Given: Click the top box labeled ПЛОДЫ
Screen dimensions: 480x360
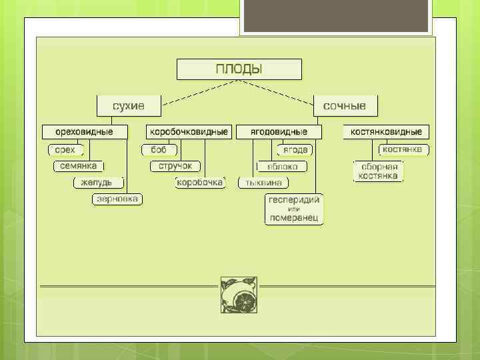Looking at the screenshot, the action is click(239, 69).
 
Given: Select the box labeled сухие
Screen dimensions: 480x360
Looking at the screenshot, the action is click(129, 105).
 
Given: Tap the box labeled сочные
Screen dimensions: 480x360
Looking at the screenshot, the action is click(345, 105).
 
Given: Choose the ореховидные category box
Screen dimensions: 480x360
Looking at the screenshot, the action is click(84, 131).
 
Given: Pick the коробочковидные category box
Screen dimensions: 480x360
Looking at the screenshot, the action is click(189, 131).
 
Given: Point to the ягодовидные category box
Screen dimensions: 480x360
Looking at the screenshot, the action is click(279, 131).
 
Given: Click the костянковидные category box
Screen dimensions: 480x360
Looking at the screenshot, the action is click(387, 131).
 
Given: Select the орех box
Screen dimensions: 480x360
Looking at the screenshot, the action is click(65, 149).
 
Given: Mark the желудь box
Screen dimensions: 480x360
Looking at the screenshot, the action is click(97, 182).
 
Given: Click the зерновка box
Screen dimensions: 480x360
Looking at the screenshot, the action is click(117, 199).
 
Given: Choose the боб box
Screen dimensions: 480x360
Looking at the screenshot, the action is click(159, 149).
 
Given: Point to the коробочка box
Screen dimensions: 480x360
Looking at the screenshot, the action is click(200, 182).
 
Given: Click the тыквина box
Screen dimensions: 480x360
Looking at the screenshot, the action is click(263, 182).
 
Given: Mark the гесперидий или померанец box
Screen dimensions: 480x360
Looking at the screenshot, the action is click(294, 209).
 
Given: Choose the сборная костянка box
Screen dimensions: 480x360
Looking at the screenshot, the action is click(377, 171).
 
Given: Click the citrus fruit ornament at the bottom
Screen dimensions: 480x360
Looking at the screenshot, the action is click(239, 294).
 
